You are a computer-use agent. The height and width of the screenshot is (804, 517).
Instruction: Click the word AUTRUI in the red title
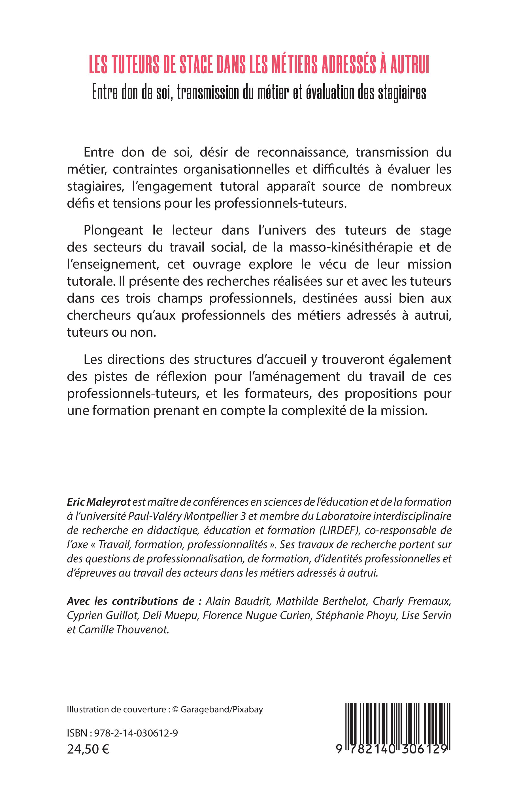click(x=409, y=66)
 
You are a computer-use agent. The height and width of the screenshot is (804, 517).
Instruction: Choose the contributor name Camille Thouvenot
click(x=123, y=629)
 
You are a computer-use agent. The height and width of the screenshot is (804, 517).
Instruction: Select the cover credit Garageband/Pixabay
click(x=222, y=709)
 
